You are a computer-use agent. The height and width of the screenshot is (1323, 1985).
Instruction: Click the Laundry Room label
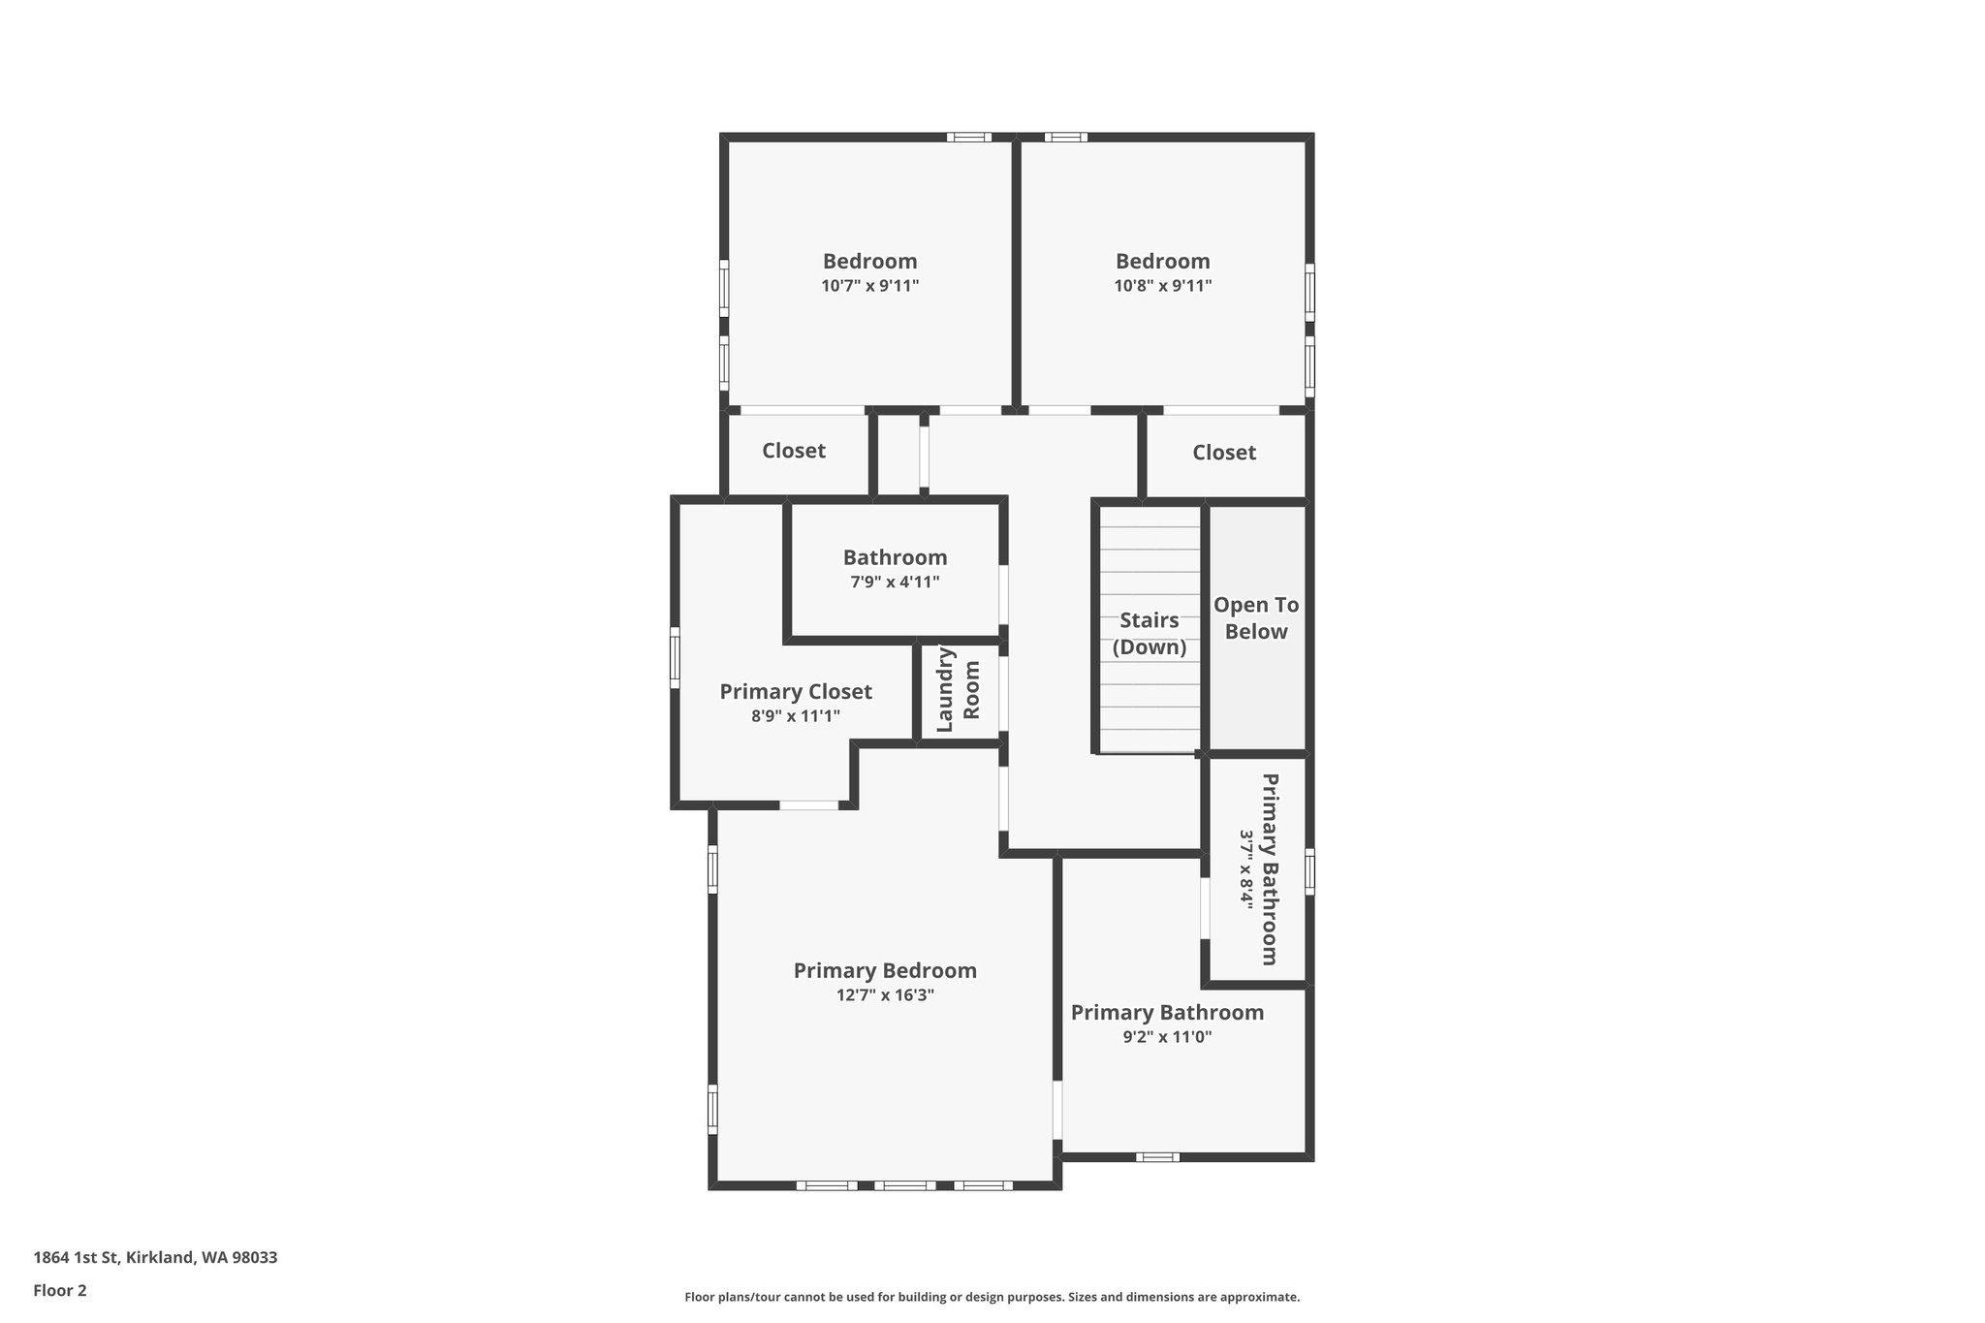pyautogui.click(x=959, y=690)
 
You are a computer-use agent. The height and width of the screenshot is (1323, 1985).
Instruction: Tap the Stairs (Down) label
pyautogui.click(x=1150, y=634)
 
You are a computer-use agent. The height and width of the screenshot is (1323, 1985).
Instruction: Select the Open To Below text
pyautogui.click(x=1256, y=618)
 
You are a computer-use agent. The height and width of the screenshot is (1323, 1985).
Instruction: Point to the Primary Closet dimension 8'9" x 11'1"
pyautogui.click(x=796, y=716)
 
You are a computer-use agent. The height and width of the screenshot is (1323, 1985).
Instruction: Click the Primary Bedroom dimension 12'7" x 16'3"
pyautogui.click(x=885, y=994)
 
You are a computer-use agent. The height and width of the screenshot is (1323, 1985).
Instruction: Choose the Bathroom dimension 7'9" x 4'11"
pyautogui.click(x=895, y=582)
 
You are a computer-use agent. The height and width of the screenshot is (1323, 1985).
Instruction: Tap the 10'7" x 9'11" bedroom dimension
pyautogui.click(x=869, y=286)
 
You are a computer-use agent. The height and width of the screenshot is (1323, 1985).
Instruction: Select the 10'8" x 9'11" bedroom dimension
pyautogui.click(x=1162, y=286)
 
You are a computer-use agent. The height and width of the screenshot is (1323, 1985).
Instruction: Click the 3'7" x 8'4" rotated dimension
pyautogui.click(x=1247, y=868)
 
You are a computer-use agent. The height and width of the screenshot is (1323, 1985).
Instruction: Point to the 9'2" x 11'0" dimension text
pyautogui.click(x=1167, y=1037)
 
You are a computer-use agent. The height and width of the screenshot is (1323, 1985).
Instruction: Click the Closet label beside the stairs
pyautogui.click(x=1224, y=453)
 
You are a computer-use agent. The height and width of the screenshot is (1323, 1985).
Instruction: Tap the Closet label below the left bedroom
pyautogui.click(x=794, y=451)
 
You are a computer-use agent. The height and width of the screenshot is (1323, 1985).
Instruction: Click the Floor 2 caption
pyautogui.click(x=60, y=1290)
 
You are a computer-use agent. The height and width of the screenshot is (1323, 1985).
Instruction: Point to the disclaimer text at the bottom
pyautogui.click(x=992, y=1297)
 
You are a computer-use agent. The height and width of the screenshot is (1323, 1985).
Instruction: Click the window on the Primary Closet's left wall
pyautogui.click(x=676, y=657)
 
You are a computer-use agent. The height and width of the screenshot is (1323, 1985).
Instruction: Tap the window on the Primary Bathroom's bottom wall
pyautogui.click(x=1157, y=1156)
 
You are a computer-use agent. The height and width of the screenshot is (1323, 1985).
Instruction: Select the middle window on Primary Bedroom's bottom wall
pyautogui.click(x=904, y=1184)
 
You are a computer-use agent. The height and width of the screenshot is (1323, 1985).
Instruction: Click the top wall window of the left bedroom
pyautogui.click(x=968, y=137)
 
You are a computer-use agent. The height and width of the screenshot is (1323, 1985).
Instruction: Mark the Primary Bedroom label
pyautogui.click(x=885, y=970)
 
